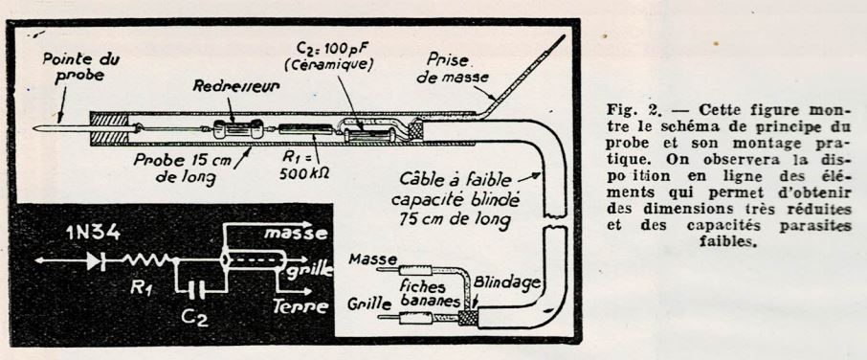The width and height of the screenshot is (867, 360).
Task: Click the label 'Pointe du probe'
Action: point(80,67)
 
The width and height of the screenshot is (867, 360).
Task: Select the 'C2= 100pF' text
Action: point(335,44)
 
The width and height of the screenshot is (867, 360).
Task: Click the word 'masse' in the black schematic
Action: point(296,234)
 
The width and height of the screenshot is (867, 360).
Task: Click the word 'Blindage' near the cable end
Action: point(506,282)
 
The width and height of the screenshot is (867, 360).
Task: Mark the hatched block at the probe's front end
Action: point(109,127)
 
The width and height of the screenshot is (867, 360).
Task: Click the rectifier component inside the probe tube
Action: point(237,129)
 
